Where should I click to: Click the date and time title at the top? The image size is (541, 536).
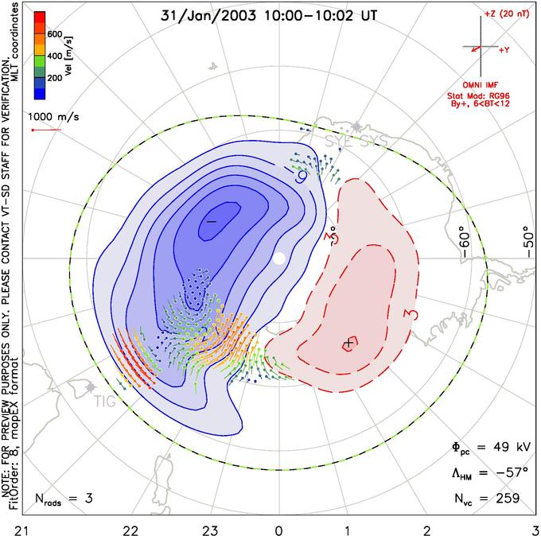click(270, 15)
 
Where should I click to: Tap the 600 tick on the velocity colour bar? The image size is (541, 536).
click(53, 34)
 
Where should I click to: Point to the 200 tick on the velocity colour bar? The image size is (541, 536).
click(53, 78)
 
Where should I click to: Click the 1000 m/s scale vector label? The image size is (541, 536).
click(55, 116)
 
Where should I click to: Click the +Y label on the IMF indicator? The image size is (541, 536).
click(504, 49)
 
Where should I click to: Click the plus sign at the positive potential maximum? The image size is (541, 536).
click(348, 343)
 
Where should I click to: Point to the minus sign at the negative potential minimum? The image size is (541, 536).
click(212, 221)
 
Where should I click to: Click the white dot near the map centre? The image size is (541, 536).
click(278, 258)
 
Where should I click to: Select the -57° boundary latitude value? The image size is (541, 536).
click(507, 474)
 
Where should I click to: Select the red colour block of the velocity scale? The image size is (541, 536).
click(39, 21)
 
